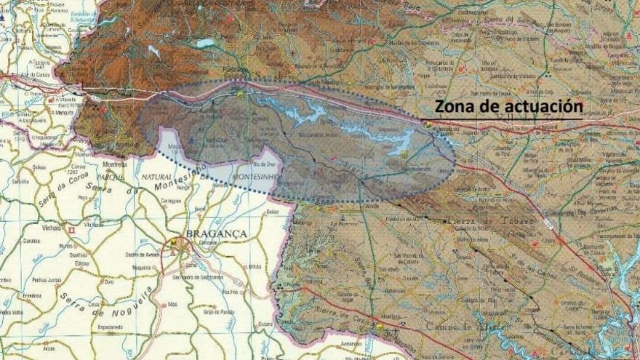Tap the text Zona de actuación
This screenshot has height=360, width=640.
pyautogui.click(x=508, y=106)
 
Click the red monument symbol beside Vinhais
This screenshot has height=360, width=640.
pyautogui.click(x=71, y=229)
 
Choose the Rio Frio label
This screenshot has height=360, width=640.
pyautogui.click(x=231, y=292)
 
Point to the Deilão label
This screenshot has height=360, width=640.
pyautogui.click(x=273, y=211)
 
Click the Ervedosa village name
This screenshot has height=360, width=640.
pyautogui.click(x=32, y=296)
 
